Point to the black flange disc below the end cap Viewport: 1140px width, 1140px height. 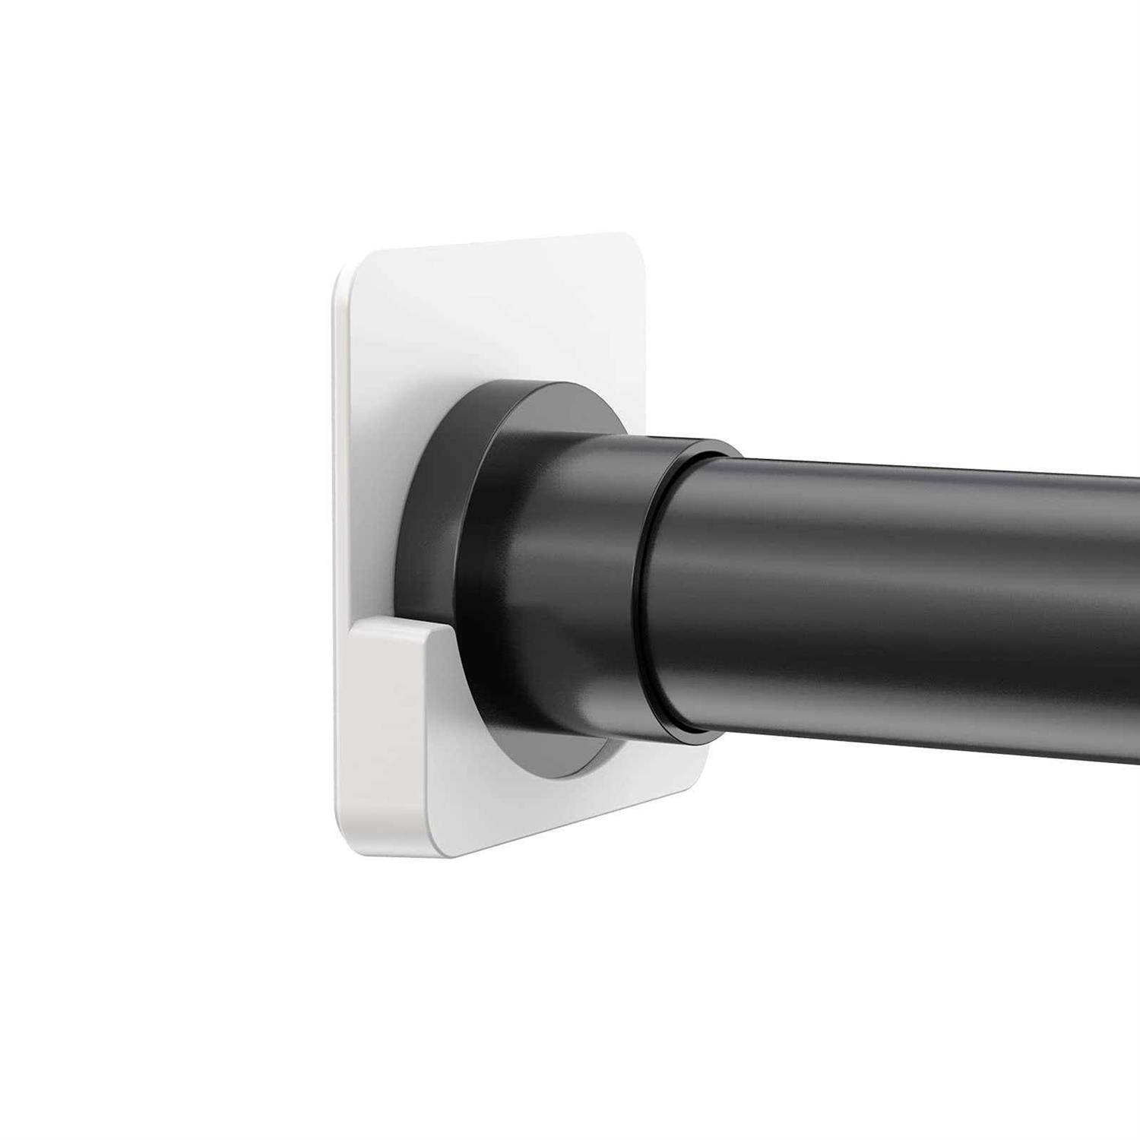coord(562,768)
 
